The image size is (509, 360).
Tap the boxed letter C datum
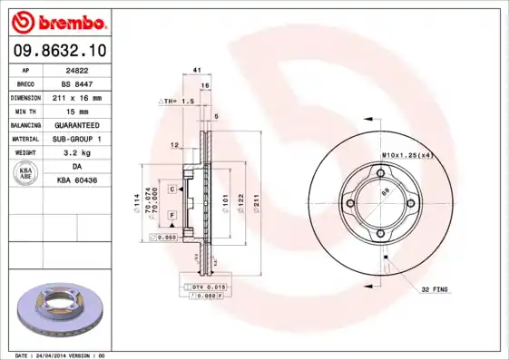(x=171, y=189)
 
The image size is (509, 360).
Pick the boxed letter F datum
(x=171, y=215)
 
